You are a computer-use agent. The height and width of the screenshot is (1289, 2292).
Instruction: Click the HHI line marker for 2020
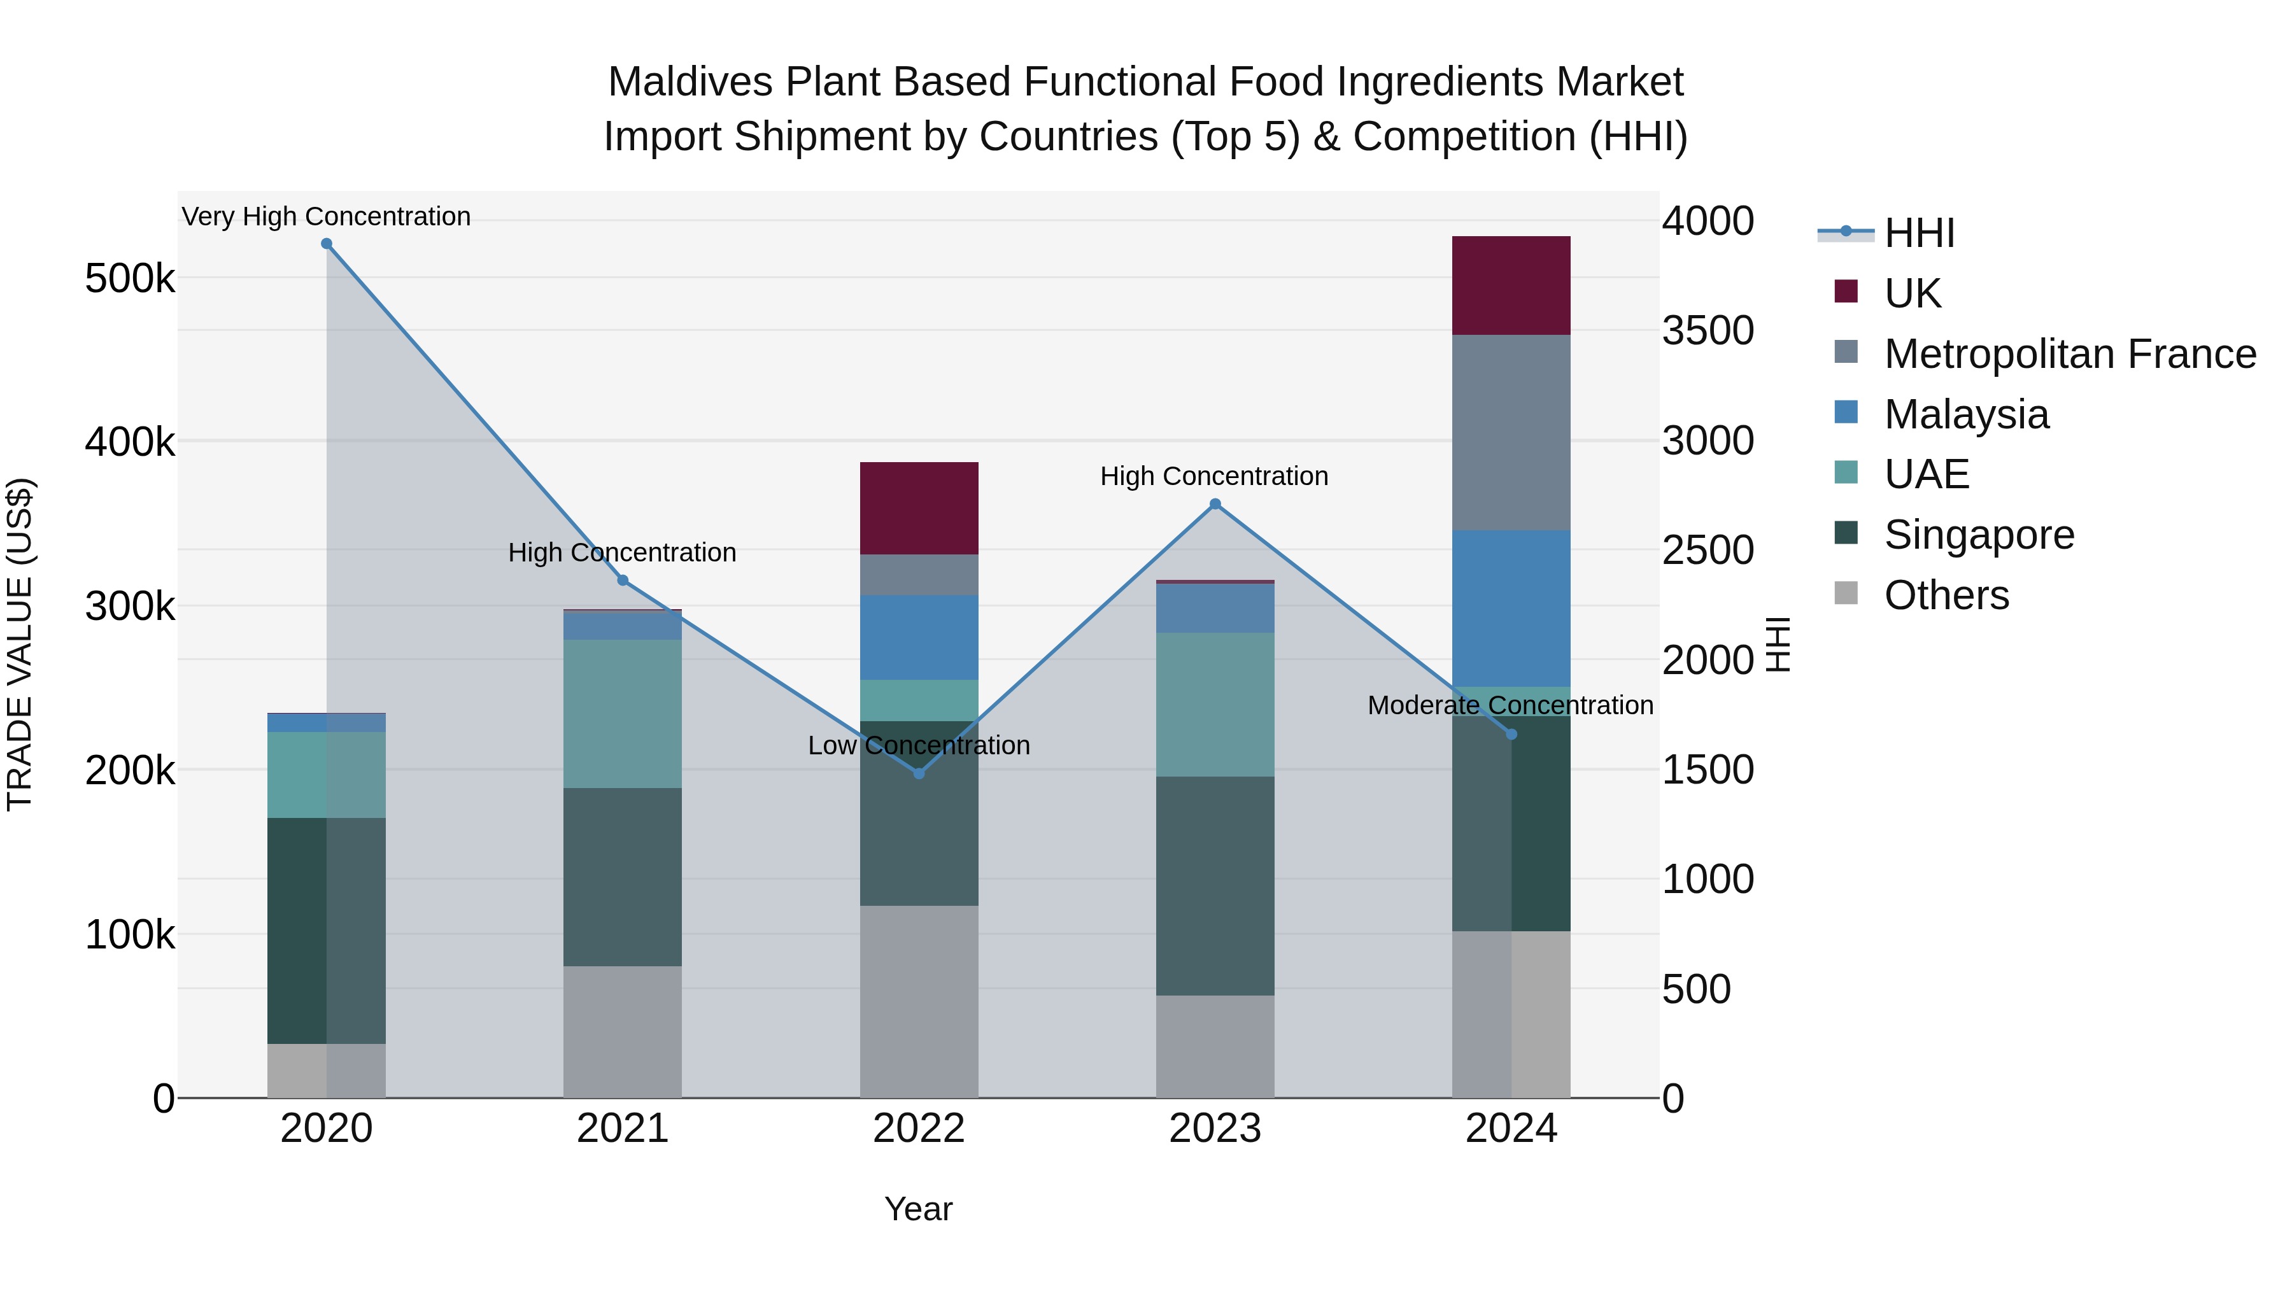pyautogui.click(x=327, y=244)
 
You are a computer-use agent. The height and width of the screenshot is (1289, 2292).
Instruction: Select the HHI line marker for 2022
pyautogui.click(x=919, y=773)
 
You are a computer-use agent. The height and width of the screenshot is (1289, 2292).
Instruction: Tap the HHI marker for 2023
pyautogui.click(x=1215, y=504)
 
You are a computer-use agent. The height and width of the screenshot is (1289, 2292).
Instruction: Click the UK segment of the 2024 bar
pyautogui.click(x=1511, y=286)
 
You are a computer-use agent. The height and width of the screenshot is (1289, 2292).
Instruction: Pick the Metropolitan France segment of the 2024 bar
pyautogui.click(x=1511, y=432)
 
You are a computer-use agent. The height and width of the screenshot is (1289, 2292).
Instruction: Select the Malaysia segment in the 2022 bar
pyautogui.click(x=919, y=637)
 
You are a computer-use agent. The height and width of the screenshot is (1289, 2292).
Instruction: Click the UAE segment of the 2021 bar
pyautogui.click(x=623, y=714)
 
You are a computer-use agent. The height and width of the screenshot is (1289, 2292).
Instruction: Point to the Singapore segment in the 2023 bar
pyautogui.click(x=1215, y=885)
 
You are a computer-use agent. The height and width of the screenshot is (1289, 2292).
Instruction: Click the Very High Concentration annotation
pyautogui.click(x=327, y=216)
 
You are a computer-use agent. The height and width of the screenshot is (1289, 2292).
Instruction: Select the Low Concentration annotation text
pyautogui.click(x=919, y=745)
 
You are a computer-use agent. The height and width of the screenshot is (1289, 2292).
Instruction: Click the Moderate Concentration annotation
pyautogui.click(x=1510, y=705)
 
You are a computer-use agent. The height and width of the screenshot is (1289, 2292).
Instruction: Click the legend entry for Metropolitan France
pyautogui.click(x=2070, y=354)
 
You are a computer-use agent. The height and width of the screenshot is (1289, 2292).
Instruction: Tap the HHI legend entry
pyautogui.click(x=1918, y=233)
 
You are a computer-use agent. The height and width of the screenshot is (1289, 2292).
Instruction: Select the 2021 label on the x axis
pyautogui.click(x=623, y=1129)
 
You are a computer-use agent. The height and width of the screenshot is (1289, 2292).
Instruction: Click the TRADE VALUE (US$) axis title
pyautogui.click(x=20, y=644)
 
